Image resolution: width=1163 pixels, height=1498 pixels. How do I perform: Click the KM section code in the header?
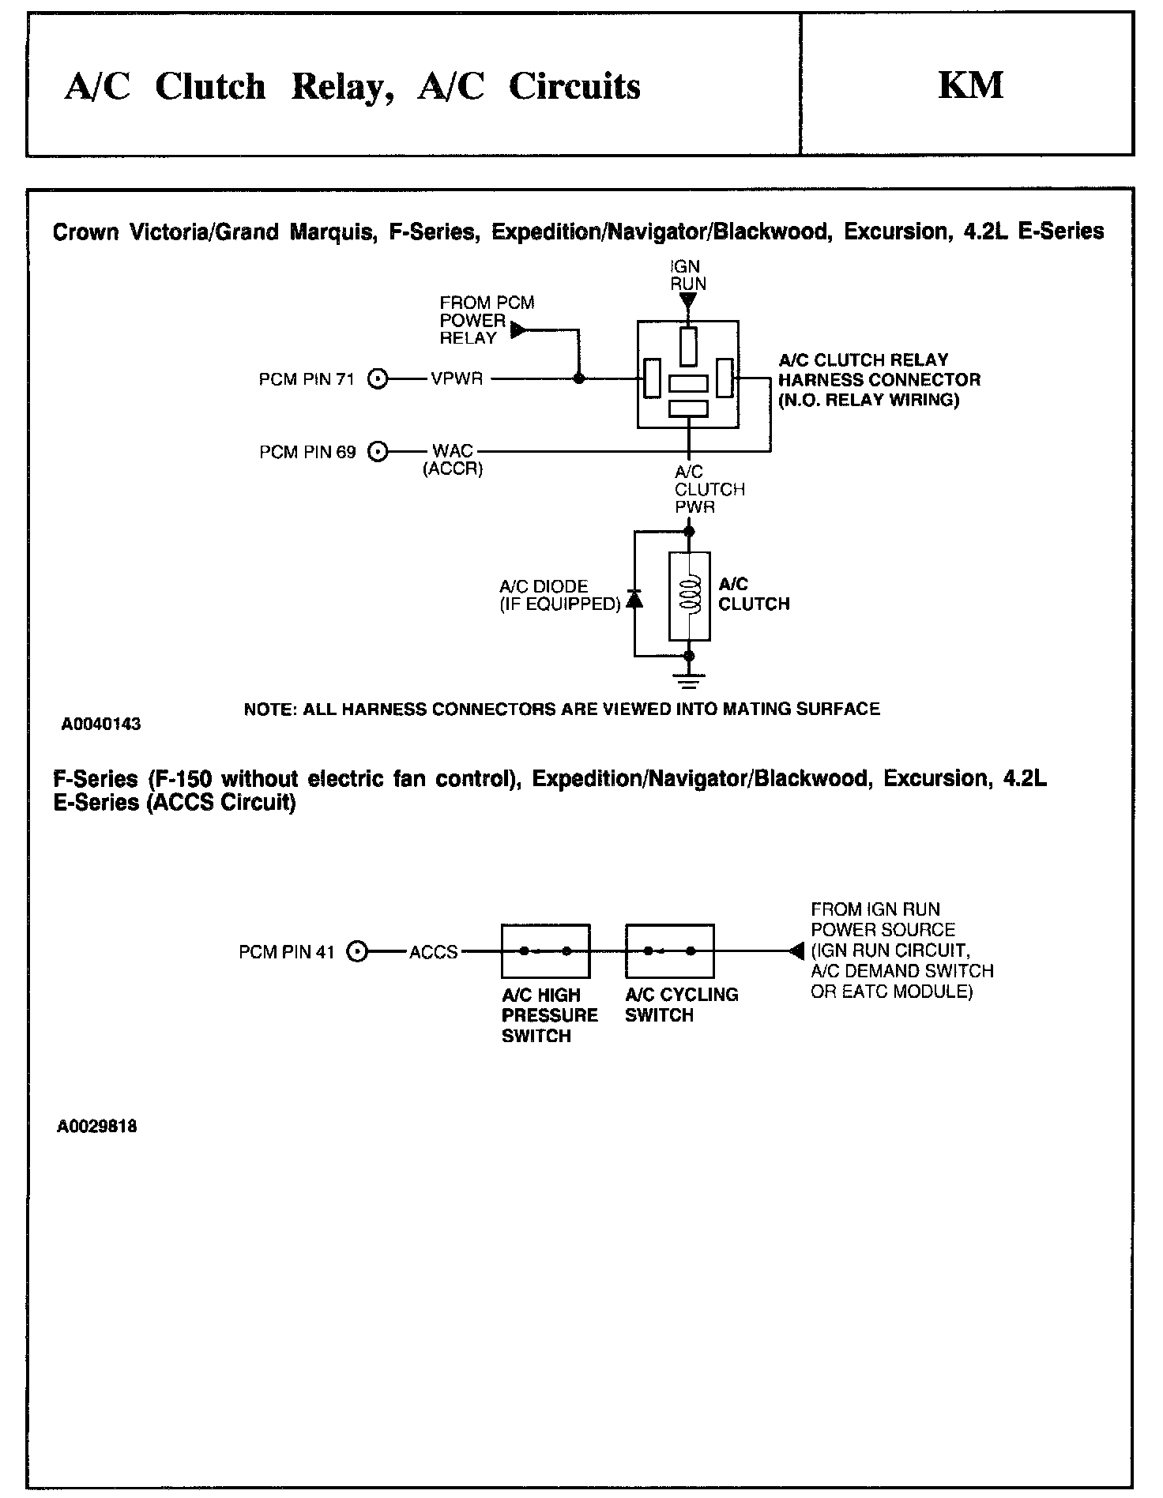point(970,85)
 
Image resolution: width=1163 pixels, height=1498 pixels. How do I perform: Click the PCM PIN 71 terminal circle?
point(380,379)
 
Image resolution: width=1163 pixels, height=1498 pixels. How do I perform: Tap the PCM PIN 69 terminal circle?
point(380,452)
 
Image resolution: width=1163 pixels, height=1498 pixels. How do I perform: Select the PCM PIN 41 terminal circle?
point(359,952)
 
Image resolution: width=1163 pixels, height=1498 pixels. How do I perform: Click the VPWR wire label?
point(457,379)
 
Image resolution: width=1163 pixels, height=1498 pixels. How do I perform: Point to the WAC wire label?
point(452,451)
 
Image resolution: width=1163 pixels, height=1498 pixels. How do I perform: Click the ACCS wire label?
point(433,952)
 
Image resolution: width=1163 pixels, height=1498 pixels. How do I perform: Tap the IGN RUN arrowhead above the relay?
point(688,301)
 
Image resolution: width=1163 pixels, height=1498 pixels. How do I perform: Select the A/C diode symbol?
point(634,599)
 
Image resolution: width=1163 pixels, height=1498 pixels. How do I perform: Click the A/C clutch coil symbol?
point(689,595)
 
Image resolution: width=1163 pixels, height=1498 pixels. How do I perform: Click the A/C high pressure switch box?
point(545,951)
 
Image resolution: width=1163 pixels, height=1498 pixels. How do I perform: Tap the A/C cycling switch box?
point(669,951)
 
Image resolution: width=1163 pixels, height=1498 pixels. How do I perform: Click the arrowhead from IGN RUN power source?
point(796,951)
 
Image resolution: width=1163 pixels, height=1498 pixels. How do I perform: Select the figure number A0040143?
point(100,724)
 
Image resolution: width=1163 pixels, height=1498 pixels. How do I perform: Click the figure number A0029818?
point(96,1127)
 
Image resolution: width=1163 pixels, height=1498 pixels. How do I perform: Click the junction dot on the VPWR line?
point(579,379)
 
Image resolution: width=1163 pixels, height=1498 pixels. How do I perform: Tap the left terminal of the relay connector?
point(652,378)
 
